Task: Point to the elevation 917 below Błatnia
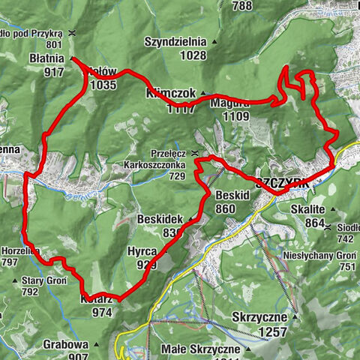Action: coord(53,72)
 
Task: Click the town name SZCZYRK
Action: coord(283,182)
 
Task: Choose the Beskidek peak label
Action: coord(160,218)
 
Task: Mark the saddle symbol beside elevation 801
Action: coord(71,33)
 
